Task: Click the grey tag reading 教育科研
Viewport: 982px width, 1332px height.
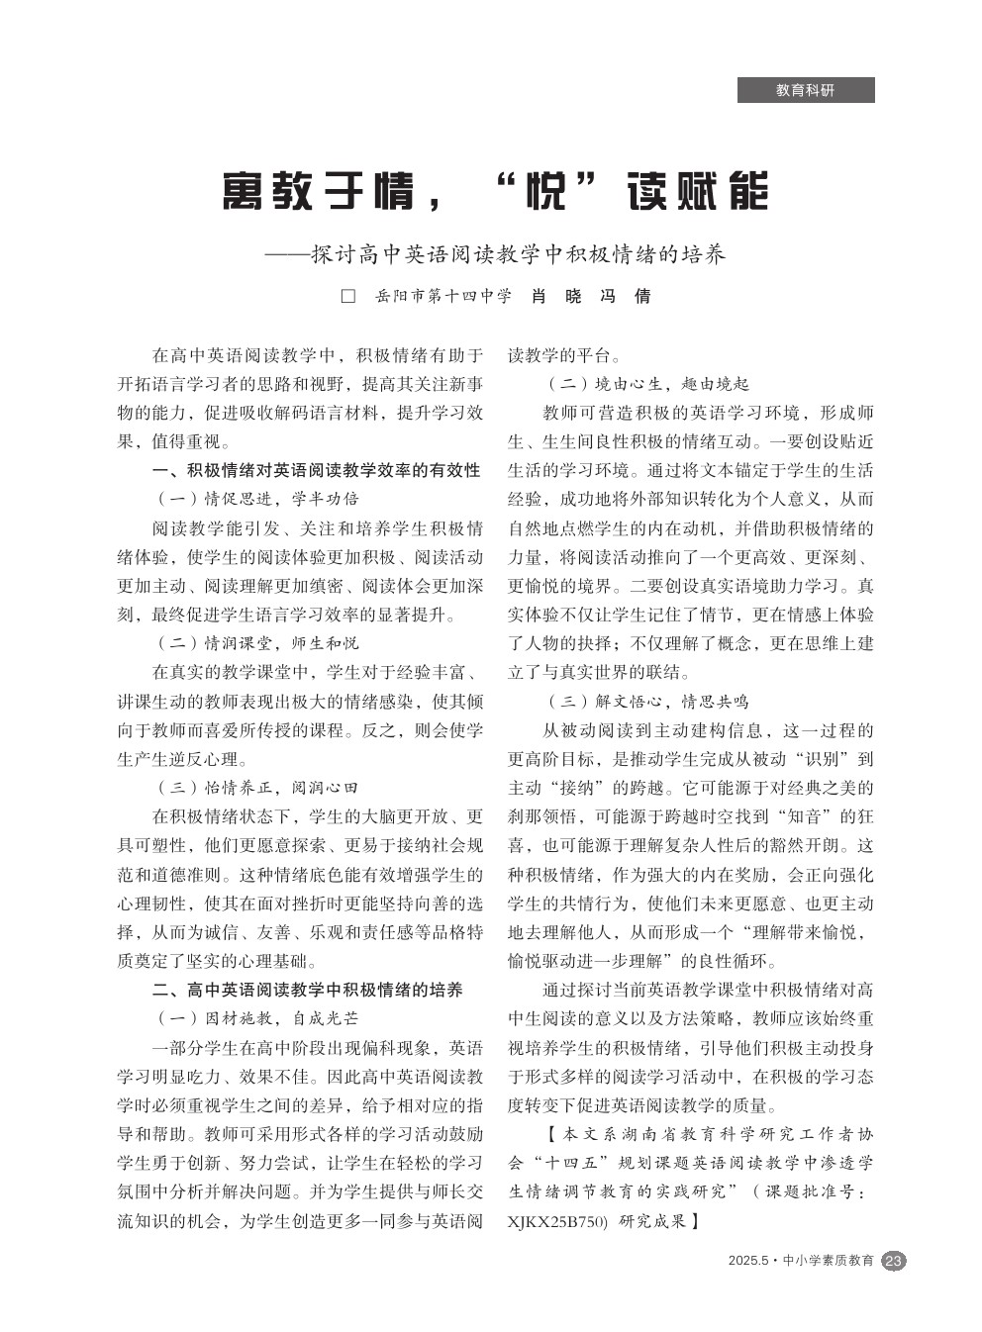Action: tap(805, 90)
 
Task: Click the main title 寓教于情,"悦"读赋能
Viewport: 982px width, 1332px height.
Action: tap(495, 191)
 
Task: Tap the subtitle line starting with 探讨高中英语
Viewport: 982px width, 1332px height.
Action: tap(518, 255)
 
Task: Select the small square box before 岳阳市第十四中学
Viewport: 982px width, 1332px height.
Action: tap(347, 297)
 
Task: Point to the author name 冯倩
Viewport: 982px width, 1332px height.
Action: tap(626, 297)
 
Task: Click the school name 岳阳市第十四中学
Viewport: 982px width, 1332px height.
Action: tap(442, 297)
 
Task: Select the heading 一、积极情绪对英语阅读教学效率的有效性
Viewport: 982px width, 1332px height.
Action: tap(316, 469)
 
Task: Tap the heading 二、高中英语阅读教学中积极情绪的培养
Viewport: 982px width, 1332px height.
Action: tap(307, 989)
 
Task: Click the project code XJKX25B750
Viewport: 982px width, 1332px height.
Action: tap(556, 1221)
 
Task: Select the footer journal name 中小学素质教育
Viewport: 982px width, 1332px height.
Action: tap(828, 1261)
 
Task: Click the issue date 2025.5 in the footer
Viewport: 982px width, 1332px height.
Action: tap(747, 1261)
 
